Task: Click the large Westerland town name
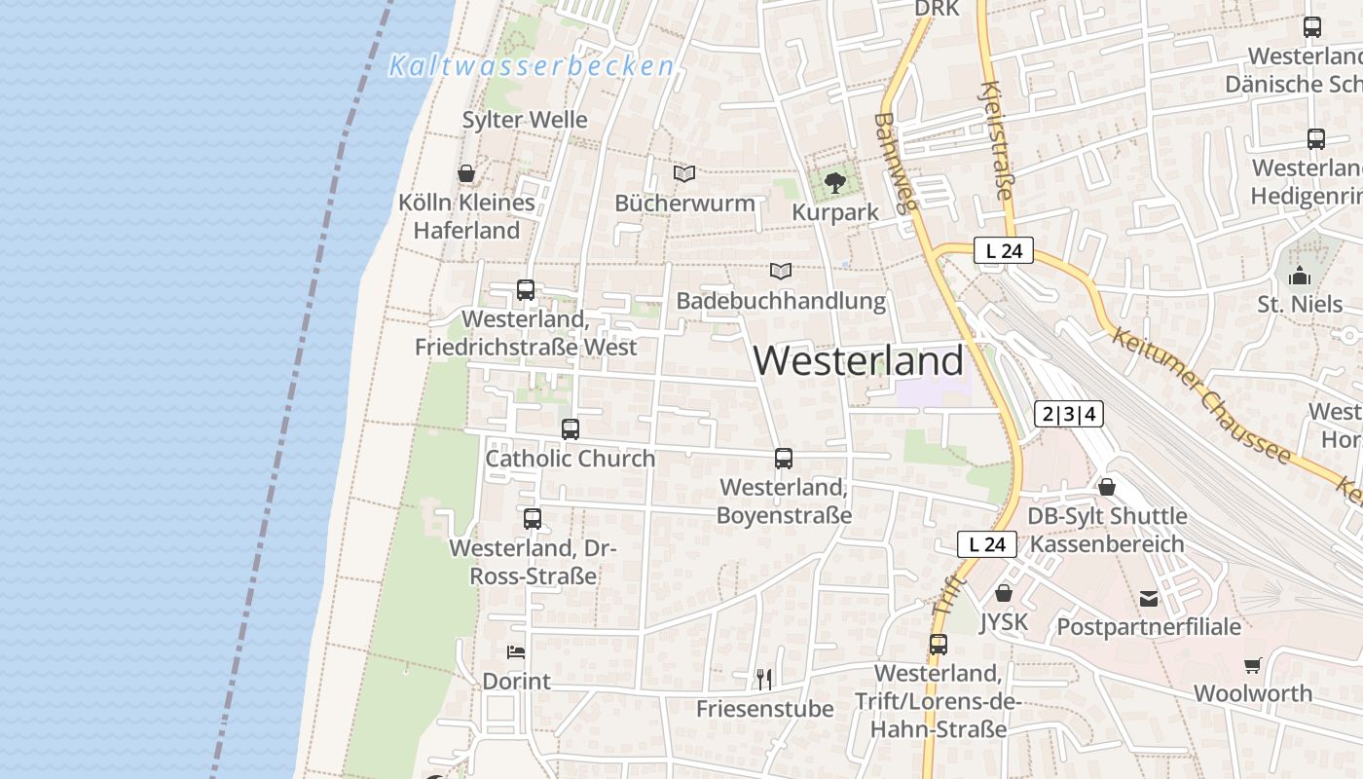tap(858, 360)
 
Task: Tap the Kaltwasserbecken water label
tap(532, 66)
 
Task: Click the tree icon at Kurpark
tap(834, 182)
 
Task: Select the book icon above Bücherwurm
tap(684, 173)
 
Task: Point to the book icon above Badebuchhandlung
tap(780, 271)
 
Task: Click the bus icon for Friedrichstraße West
tap(526, 289)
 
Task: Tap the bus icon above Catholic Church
tap(571, 428)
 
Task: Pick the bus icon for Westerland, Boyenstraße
tap(784, 458)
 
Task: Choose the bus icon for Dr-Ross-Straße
tap(532, 519)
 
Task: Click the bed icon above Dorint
tap(516, 651)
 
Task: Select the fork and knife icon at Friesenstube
tap(764, 679)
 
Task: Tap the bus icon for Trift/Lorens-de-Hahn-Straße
tap(938, 644)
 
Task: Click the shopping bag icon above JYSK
tap(1004, 592)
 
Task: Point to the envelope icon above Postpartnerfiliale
tap(1149, 598)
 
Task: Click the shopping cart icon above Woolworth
tap(1252, 665)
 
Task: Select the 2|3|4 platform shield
tap(1069, 414)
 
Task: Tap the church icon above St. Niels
tap(1299, 276)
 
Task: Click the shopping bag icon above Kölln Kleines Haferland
tap(466, 173)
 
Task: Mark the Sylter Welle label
tap(525, 120)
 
